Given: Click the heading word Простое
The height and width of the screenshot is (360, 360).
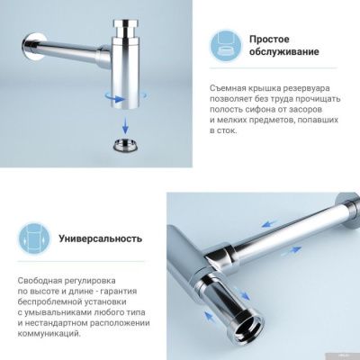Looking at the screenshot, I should [x=269, y=40].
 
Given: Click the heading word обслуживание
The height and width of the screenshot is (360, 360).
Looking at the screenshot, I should [x=283, y=52].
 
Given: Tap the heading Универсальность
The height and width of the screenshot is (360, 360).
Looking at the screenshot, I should [x=101, y=239].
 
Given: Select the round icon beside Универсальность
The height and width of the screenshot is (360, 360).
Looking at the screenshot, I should [x=33, y=238].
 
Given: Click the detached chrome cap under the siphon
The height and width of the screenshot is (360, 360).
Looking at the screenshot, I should [x=122, y=146].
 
